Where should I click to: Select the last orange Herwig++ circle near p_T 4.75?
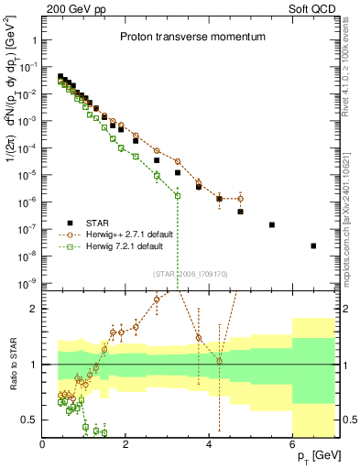point(240,198)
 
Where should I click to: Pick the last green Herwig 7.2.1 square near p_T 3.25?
point(178,195)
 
